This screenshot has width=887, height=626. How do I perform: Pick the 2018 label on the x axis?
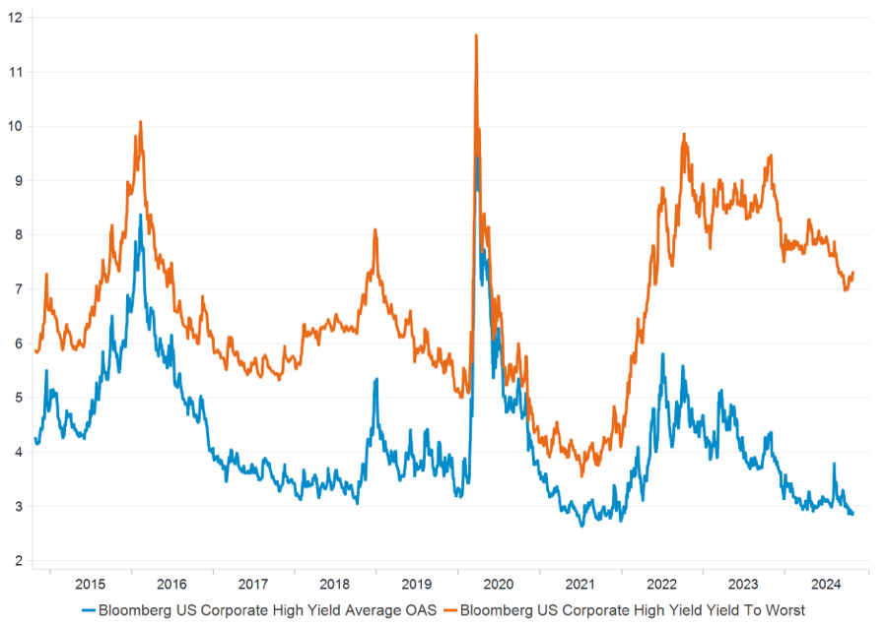[x=335, y=582]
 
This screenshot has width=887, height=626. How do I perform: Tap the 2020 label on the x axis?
[x=499, y=582]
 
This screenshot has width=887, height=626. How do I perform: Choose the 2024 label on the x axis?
[x=826, y=582]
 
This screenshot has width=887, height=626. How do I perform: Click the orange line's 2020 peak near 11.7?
[x=476, y=35]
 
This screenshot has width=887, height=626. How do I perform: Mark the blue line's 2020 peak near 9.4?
[x=478, y=157]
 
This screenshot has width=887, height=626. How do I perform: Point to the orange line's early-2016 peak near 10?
[x=140, y=122]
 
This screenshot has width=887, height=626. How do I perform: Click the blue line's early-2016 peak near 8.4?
[x=140, y=215]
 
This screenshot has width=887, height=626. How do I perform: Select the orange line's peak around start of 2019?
[x=375, y=229]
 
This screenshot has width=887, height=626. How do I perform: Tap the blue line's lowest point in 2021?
[x=581, y=526]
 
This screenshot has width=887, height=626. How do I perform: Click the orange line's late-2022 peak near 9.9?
[x=683, y=134]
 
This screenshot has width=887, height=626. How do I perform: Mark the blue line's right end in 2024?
[x=853, y=514]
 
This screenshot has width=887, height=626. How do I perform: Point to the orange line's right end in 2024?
[x=853, y=273]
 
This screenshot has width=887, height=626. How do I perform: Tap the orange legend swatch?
[x=448, y=610]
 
